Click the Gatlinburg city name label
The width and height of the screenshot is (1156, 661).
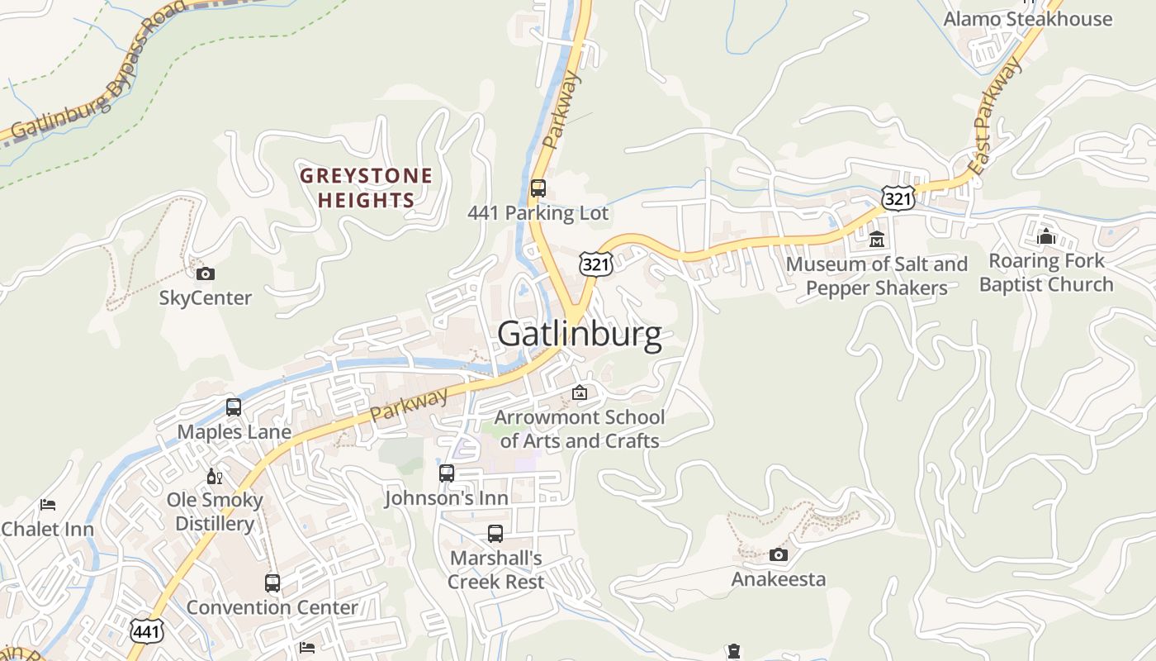click(579, 335)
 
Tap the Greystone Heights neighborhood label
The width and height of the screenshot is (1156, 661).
click(366, 188)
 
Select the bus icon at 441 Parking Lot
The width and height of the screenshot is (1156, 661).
click(538, 188)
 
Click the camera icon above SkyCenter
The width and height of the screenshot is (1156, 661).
click(206, 273)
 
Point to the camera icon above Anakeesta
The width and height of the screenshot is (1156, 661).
click(778, 554)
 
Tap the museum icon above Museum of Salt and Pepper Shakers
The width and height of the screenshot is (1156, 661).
click(877, 240)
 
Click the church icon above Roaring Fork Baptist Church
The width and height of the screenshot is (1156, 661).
click(1046, 236)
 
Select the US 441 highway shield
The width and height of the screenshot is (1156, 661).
click(146, 631)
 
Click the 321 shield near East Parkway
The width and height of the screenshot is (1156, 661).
click(897, 197)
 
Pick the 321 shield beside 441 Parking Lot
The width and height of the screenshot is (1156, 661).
click(595, 264)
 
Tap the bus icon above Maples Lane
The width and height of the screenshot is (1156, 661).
click(234, 407)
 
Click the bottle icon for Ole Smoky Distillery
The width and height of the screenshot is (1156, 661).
click(215, 476)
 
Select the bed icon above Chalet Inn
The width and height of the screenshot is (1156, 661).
click(48, 505)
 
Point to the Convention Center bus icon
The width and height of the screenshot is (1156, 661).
click(272, 583)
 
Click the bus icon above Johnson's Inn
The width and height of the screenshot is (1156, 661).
click(447, 473)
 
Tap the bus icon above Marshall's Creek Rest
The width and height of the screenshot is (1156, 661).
click(495, 534)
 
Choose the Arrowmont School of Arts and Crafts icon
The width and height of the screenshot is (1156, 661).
click(580, 392)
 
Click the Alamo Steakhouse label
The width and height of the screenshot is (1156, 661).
click(1028, 19)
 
